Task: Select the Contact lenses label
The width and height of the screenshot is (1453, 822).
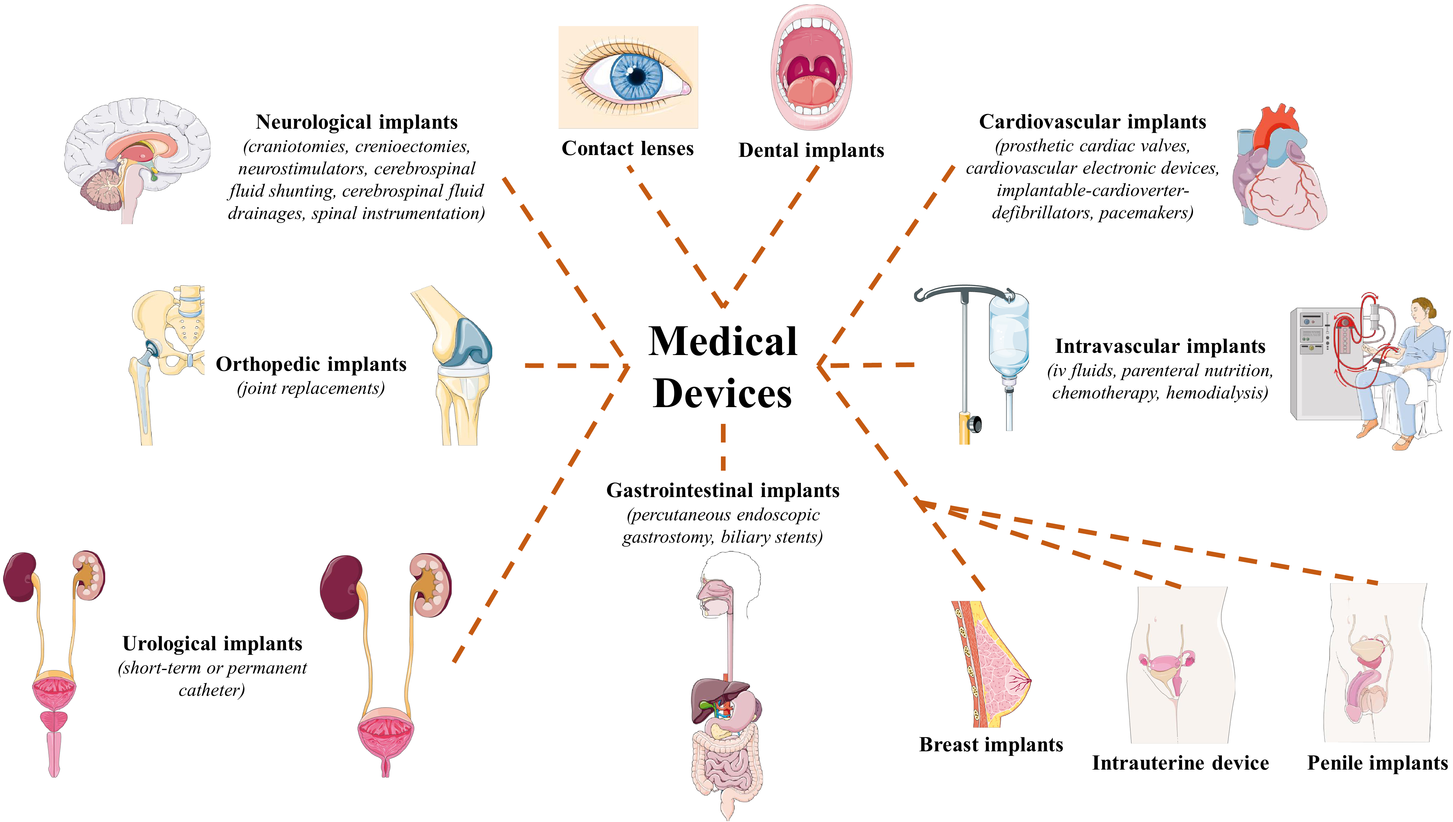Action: tap(628, 149)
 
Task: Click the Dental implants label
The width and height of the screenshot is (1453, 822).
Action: tap(811, 150)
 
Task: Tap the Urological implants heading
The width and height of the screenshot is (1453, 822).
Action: tap(212, 644)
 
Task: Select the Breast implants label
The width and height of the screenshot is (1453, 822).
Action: tap(991, 745)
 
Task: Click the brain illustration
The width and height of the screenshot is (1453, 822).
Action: tap(136, 158)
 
